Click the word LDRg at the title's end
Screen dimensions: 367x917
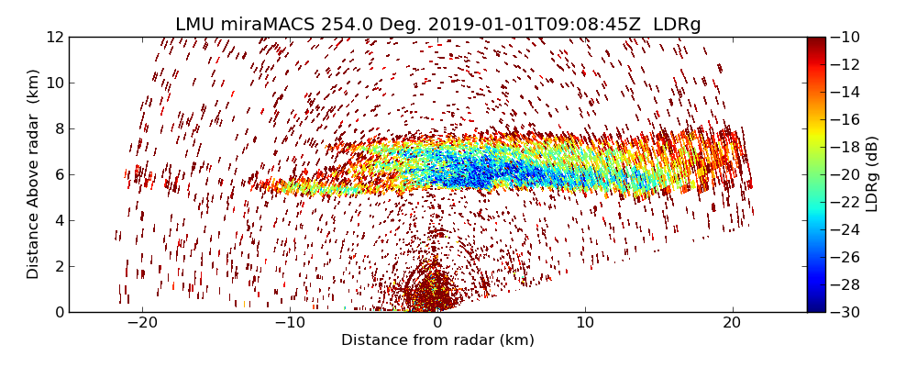[677, 25]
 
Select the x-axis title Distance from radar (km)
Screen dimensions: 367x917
[437, 340]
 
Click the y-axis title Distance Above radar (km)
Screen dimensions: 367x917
[34, 174]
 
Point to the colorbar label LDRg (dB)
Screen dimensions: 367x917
[872, 174]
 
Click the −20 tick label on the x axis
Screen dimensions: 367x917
[142, 323]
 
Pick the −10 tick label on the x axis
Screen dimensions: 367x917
[290, 323]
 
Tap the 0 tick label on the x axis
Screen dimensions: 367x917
[437, 323]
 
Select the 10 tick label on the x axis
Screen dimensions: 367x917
[585, 323]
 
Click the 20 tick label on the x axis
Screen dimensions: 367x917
[732, 323]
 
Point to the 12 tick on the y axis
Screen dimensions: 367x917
[55, 37]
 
